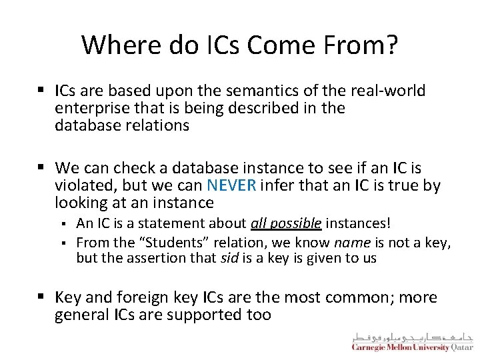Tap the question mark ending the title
point(393,45)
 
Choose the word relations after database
point(157,125)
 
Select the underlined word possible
point(297,223)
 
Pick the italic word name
point(348,241)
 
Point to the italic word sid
point(230,258)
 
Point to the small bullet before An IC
point(65,223)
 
